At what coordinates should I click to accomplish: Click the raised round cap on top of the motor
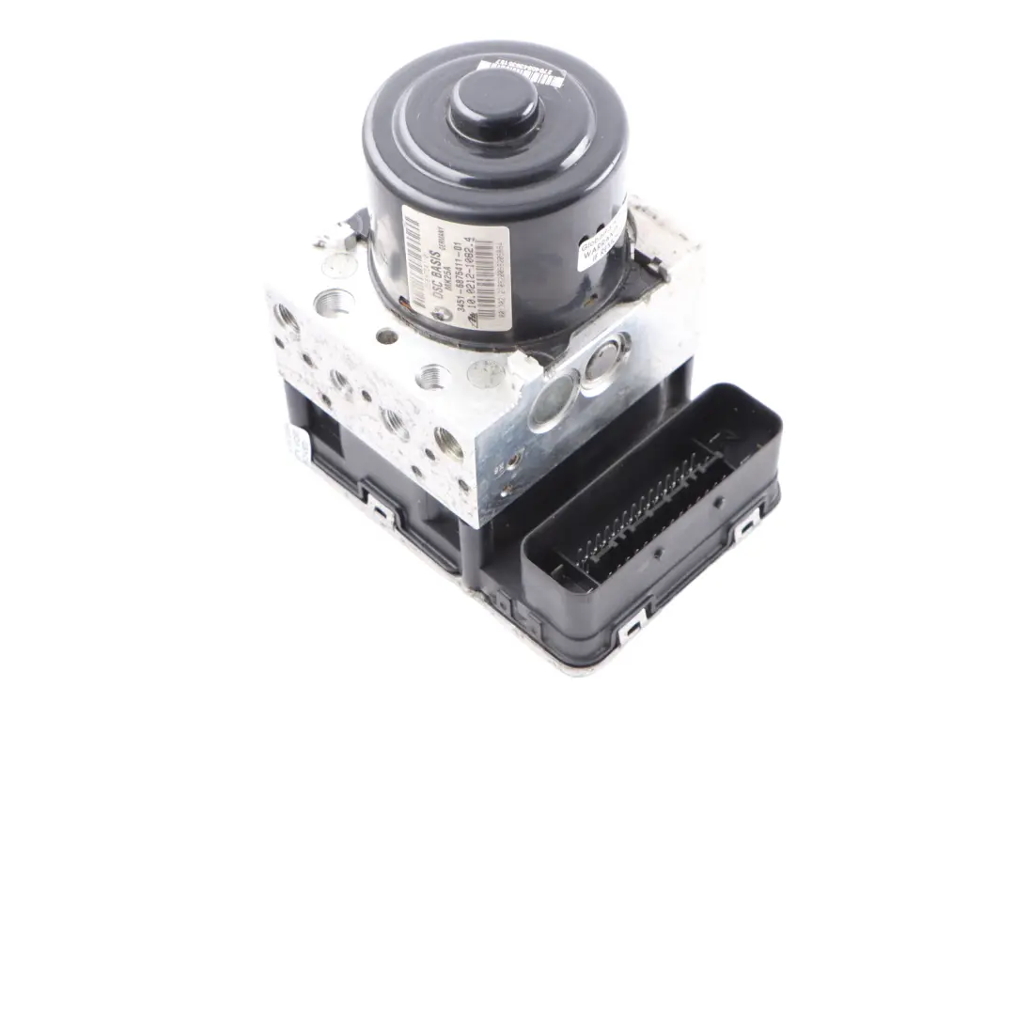pyautogui.click(x=493, y=100)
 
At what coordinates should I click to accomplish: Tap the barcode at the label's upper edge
pyautogui.click(x=411, y=235)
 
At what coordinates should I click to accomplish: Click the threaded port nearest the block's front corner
pyautogui.click(x=448, y=441)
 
